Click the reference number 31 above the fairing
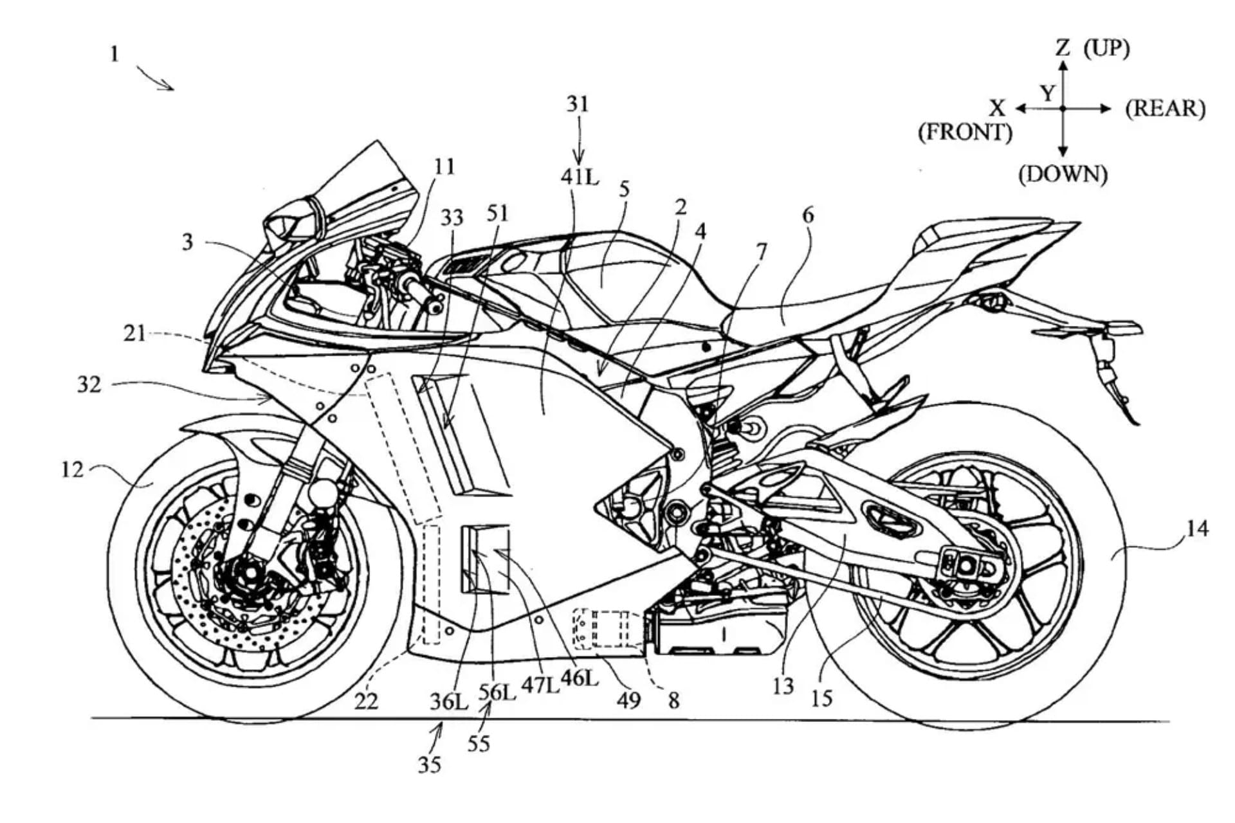[578, 104]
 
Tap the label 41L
[580, 176]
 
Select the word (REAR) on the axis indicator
[1165, 109]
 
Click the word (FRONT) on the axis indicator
[965, 132]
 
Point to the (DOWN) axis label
[1063, 174]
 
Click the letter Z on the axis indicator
[1063, 47]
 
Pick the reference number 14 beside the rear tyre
[1197, 529]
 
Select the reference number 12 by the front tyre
[72, 470]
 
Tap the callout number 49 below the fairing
[628, 700]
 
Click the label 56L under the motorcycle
[497, 692]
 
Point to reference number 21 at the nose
[134, 334]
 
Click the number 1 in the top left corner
[114, 53]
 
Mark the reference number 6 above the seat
[808, 215]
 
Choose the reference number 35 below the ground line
[430, 764]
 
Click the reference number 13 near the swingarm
[783, 687]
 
